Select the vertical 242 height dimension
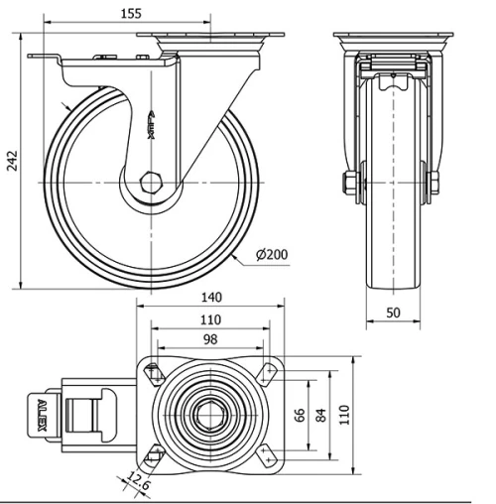pyautogui.click(x=12, y=161)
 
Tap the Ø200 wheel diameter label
pyautogui.click(x=271, y=255)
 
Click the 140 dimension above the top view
pyautogui.click(x=209, y=297)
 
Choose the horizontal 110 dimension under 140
pyautogui.click(x=209, y=320)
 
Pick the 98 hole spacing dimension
pyautogui.click(x=209, y=341)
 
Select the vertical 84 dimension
pyautogui.click(x=321, y=415)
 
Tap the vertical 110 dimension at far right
pyautogui.click(x=345, y=415)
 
